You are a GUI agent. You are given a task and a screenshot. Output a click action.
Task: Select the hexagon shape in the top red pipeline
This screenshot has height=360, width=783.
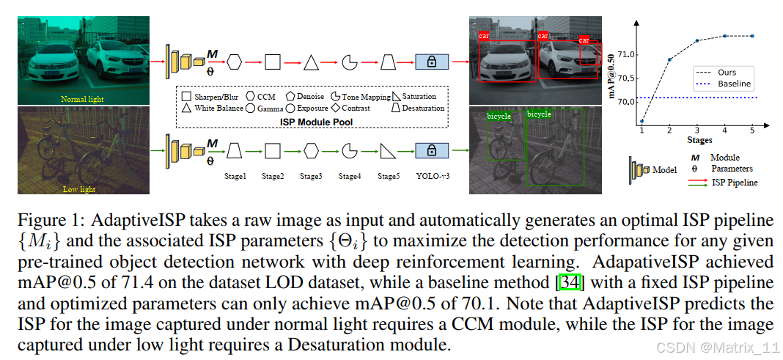(235, 62)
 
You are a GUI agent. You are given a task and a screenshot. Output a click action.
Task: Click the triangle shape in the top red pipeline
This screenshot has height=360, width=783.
(311, 62)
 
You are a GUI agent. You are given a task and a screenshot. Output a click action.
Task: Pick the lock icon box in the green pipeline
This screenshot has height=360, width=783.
(432, 151)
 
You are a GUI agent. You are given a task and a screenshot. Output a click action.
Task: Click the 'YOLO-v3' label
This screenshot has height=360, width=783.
(432, 176)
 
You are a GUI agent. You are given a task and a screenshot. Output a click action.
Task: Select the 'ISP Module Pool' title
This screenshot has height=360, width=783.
(311, 122)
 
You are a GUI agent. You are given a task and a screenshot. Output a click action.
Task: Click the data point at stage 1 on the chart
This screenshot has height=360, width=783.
(642, 121)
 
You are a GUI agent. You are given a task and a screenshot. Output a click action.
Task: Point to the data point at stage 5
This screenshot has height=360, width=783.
(752, 35)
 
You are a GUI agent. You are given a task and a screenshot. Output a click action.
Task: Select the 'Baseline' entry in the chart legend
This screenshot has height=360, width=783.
(734, 84)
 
